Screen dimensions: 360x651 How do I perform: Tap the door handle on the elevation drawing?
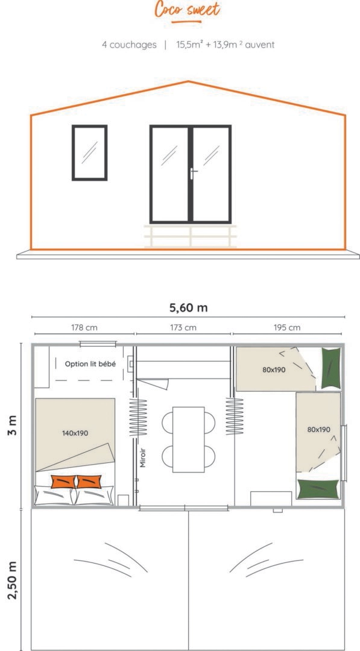pyautogui.click(x=193, y=173)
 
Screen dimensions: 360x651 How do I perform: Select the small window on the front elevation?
pyautogui.click(x=90, y=153)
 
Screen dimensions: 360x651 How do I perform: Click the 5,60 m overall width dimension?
pyautogui.click(x=188, y=307)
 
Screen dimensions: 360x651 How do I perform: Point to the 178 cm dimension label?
pyautogui.click(x=84, y=327)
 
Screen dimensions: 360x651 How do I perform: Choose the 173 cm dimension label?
pyautogui.click(x=183, y=327)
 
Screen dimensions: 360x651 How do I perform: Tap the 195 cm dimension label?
pyautogui.click(x=287, y=327)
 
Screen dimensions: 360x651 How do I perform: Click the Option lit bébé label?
pyautogui.click(x=90, y=364)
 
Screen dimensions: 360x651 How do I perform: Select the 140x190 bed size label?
pyautogui.click(x=75, y=433)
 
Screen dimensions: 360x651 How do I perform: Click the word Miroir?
pyautogui.click(x=143, y=458)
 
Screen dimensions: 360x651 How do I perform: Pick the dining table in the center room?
pyautogui.click(x=189, y=439)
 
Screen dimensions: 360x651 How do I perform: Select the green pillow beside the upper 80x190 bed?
pyautogui.click(x=331, y=368)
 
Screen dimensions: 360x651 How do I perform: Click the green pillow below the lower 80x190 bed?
pyautogui.click(x=318, y=489)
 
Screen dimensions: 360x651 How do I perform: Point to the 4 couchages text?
pyautogui.click(x=129, y=45)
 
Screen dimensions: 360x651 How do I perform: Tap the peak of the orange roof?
pyautogui.click(x=188, y=81)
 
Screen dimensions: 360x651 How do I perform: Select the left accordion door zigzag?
pyautogui.click(x=138, y=417)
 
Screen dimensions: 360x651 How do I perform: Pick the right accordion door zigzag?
pyautogui.click(x=235, y=417)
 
